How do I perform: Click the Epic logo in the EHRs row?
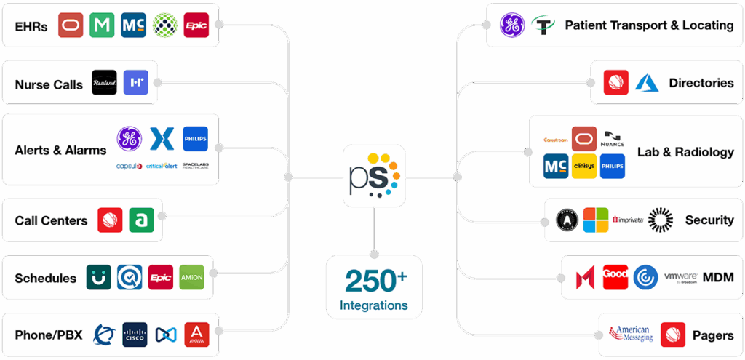click(196, 25)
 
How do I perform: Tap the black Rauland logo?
click(105, 83)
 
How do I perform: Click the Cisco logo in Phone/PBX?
click(135, 335)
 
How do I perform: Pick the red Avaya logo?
click(196, 335)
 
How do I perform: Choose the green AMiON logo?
click(191, 277)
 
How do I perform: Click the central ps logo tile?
click(374, 176)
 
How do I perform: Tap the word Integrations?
click(374, 305)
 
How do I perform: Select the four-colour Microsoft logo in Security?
click(595, 220)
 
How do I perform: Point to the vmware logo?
click(680, 277)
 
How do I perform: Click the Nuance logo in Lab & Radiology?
click(614, 138)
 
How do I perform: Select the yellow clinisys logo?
click(583, 166)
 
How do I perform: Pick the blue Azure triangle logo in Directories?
click(646, 83)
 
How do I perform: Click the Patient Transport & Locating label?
click(649, 25)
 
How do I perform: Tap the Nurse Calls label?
click(49, 84)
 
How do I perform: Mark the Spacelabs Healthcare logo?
click(195, 166)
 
